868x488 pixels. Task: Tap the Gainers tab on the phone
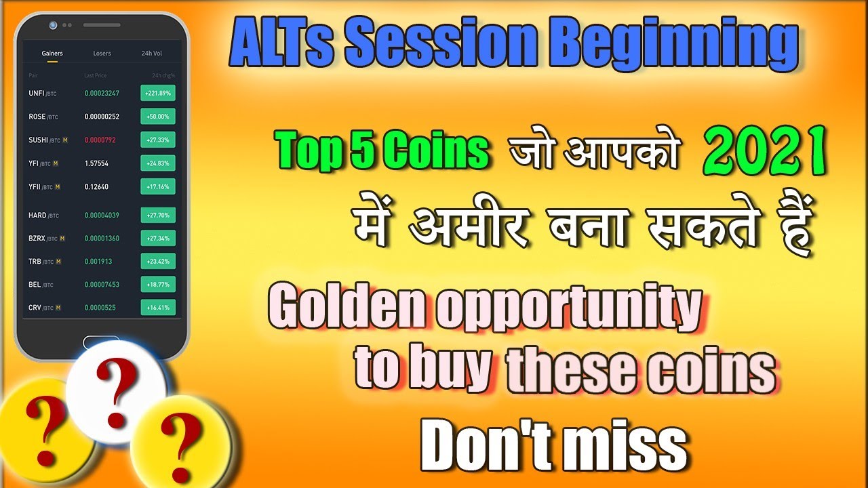[x=52, y=53]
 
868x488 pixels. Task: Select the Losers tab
[x=102, y=53]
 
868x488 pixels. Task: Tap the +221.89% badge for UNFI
[x=158, y=93]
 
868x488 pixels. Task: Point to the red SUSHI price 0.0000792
[x=100, y=140]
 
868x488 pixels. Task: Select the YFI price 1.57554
[x=96, y=163]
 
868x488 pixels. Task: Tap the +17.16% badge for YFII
[x=158, y=186]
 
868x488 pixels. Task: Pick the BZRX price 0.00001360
[x=102, y=239]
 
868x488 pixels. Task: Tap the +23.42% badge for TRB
[x=158, y=261]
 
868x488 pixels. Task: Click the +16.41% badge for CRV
[x=158, y=308]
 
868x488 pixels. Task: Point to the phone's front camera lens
[x=53, y=25]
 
